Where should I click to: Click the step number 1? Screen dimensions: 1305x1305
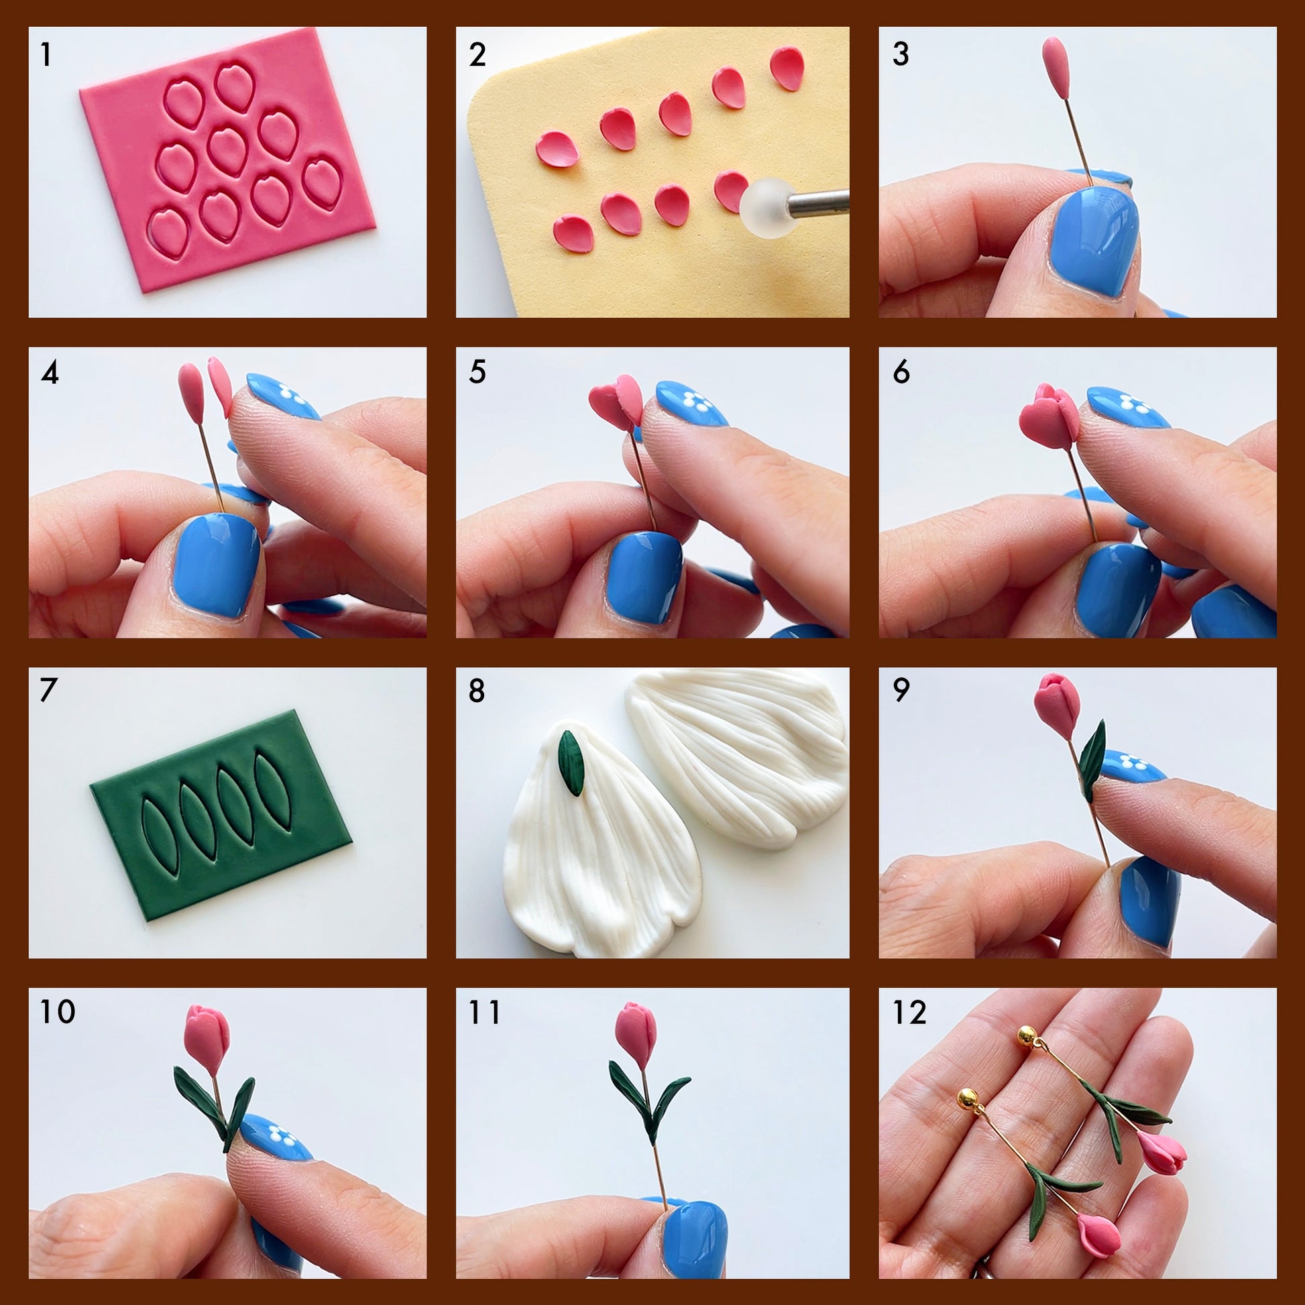click(46, 55)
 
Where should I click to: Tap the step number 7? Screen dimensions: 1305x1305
click(49, 690)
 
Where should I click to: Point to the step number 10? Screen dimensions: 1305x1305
click(58, 1012)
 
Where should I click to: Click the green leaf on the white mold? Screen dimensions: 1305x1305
click(571, 763)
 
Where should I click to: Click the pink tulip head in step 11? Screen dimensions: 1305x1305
click(636, 1036)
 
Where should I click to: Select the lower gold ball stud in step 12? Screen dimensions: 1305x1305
click(968, 1098)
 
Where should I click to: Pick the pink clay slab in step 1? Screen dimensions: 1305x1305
click(227, 160)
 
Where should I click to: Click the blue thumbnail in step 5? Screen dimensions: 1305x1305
click(644, 577)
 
